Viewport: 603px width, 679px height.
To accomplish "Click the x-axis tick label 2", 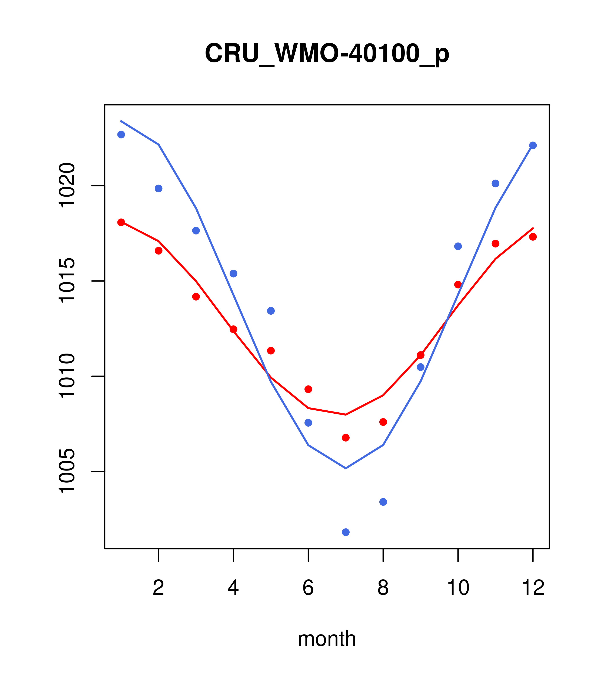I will (159, 588).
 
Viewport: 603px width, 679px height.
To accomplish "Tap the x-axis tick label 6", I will (308, 588).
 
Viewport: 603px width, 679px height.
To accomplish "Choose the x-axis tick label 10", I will (458, 588).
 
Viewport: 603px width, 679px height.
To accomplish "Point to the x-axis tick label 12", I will (533, 588).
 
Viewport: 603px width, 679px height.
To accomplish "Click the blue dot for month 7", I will (346, 532).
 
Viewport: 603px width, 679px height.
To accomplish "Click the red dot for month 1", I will (121, 222).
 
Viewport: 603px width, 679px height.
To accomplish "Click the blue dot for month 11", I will (496, 183).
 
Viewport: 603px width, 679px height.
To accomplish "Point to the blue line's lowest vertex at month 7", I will (346, 468).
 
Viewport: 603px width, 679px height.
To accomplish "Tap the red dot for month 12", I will (533, 236).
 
